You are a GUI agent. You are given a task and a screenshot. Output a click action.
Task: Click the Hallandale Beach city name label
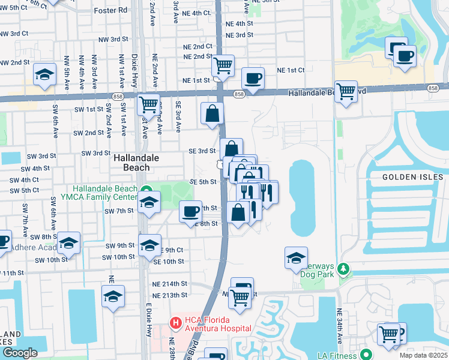[131, 163]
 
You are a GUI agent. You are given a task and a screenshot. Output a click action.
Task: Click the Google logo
[20, 353]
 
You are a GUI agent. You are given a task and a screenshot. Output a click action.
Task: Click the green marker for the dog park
[343, 268]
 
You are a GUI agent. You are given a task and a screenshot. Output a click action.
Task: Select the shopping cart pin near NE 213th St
[240, 296]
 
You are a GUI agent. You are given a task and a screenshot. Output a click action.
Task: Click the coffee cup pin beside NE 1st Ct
[252, 77]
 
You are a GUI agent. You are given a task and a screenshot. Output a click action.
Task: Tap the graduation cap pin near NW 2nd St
[44, 74]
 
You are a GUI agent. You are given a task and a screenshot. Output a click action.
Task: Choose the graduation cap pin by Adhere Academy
[69, 243]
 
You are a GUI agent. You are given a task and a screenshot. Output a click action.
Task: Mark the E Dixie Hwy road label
[148, 324]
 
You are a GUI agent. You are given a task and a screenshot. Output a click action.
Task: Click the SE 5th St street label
[202, 182]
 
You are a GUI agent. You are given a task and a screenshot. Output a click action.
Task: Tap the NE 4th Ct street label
[198, 13]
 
